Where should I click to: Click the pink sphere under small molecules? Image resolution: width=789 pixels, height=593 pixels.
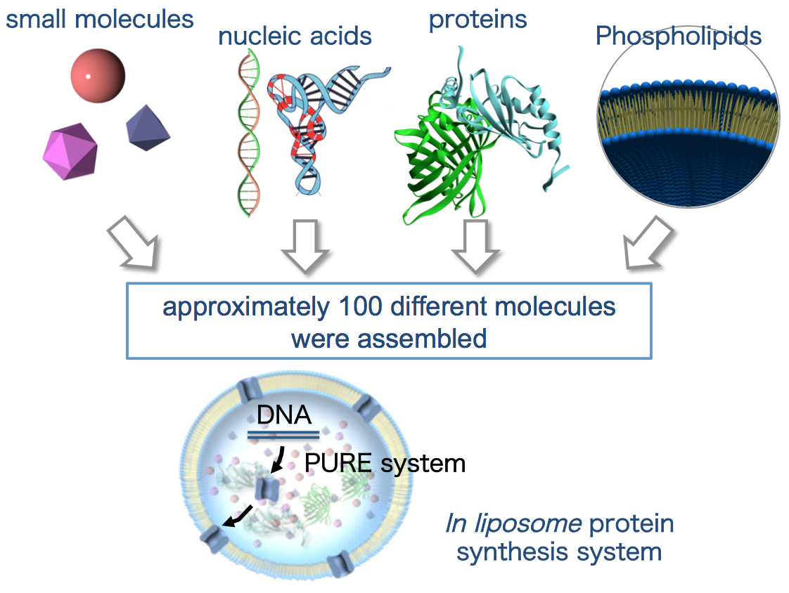click(x=98, y=75)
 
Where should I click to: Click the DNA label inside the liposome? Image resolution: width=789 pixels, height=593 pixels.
click(x=283, y=415)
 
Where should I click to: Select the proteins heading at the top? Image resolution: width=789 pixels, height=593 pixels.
click(x=477, y=20)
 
